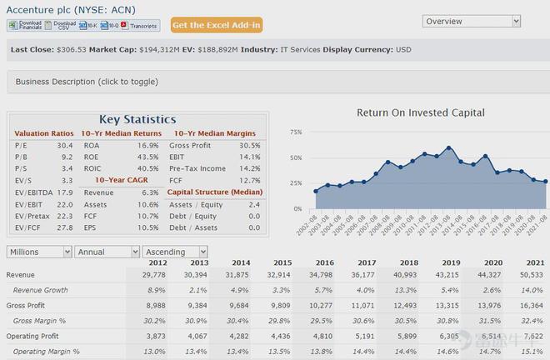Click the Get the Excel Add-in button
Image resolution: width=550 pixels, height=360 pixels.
point(217,25)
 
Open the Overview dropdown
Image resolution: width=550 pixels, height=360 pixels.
point(472,21)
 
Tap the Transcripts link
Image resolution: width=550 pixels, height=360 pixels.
point(140,26)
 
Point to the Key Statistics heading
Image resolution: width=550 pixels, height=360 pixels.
point(137,119)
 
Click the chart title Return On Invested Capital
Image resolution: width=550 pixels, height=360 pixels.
point(420,112)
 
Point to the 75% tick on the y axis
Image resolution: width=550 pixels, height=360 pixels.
point(296,132)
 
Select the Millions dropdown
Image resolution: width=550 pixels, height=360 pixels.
point(39,252)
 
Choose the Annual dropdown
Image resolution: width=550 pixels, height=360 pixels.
point(106,252)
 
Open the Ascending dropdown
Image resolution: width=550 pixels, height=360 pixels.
point(175,252)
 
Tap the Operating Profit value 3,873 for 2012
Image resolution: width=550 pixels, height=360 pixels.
point(154,336)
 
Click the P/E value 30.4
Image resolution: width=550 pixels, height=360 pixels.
point(65,145)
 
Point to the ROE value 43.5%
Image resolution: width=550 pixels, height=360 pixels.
point(147,156)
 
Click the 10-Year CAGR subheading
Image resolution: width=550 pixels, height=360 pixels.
point(121,179)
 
